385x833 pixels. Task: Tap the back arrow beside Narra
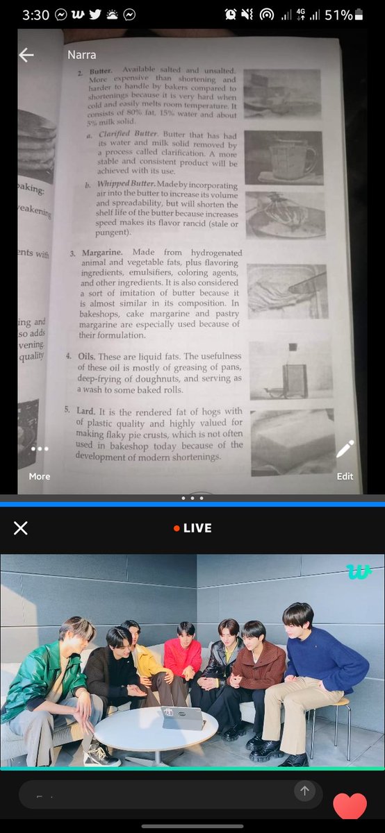pyautogui.click(x=26, y=55)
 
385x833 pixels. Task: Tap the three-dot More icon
pyautogui.click(x=40, y=449)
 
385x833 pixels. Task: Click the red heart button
pyautogui.click(x=350, y=805)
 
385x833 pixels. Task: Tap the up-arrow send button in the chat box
pyautogui.click(x=304, y=791)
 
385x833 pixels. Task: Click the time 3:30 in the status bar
pyautogui.click(x=35, y=15)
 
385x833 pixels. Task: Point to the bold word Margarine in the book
pyautogui.click(x=102, y=253)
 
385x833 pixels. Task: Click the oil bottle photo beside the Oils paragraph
pyautogui.click(x=290, y=370)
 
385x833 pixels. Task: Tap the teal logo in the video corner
pyautogui.click(x=359, y=571)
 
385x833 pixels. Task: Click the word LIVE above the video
pyautogui.click(x=197, y=528)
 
